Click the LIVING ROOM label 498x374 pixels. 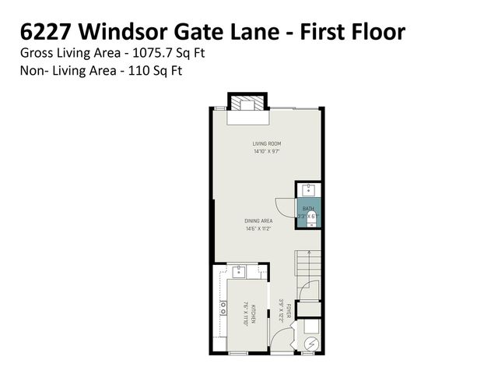tap(266, 143)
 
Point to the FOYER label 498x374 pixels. tap(288, 312)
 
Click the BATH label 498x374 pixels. tap(307, 208)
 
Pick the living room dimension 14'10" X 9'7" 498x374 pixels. tap(266, 151)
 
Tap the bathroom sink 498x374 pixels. tap(309, 189)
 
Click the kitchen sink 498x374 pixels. tap(238, 272)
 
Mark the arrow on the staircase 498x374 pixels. tap(309, 257)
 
